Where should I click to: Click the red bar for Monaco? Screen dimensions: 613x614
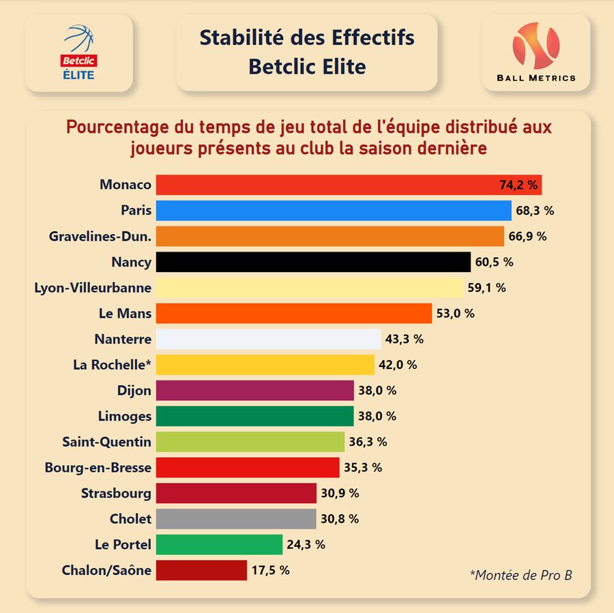click(x=327, y=185)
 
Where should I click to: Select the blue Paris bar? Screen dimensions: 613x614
click(x=334, y=211)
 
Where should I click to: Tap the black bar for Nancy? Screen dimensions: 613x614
click(x=313, y=262)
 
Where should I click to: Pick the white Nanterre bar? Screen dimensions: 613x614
click(x=268, y=339)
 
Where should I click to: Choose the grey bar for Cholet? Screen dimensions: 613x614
click(x=236, y=519)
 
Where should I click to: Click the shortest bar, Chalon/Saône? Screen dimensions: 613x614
click(x=201, y=570)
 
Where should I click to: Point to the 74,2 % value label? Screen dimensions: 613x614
click(x=518, y=185)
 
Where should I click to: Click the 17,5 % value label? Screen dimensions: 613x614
click(x=271, y=570)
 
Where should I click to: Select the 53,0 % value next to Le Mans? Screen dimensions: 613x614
click(x=456, y=314)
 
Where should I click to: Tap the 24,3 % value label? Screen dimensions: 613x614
click(x=306, y=544)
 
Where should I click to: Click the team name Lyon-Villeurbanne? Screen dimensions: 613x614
click(x=93, y=288)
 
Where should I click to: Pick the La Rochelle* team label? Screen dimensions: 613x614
click(x=112, y=365)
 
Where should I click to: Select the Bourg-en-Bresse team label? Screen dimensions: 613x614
click(x=98, y=468)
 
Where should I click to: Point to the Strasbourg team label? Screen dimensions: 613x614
click(x=116, y=493)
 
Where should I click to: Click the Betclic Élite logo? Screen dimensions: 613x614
click(x=78, y=53)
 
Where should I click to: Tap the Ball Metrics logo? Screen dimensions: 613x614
click(x=536, y=53)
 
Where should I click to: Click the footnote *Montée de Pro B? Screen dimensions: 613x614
click(x=521, y=575)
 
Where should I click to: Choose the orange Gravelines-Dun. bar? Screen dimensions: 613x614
click(x=330, y=237)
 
